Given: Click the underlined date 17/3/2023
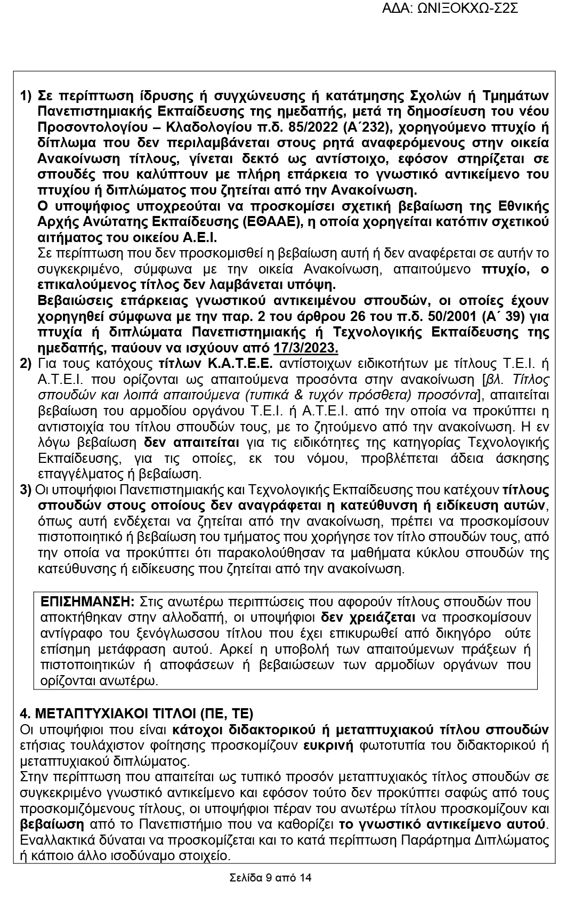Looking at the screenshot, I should (306, 349).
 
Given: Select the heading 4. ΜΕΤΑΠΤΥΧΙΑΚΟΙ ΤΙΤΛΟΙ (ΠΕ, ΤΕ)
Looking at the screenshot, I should (136, 713).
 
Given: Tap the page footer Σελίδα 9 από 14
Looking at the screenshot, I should (270, 878).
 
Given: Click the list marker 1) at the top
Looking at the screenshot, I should (27, 96).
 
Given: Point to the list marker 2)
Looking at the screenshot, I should (27, 364).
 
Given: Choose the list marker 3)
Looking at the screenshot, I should (27, 490).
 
